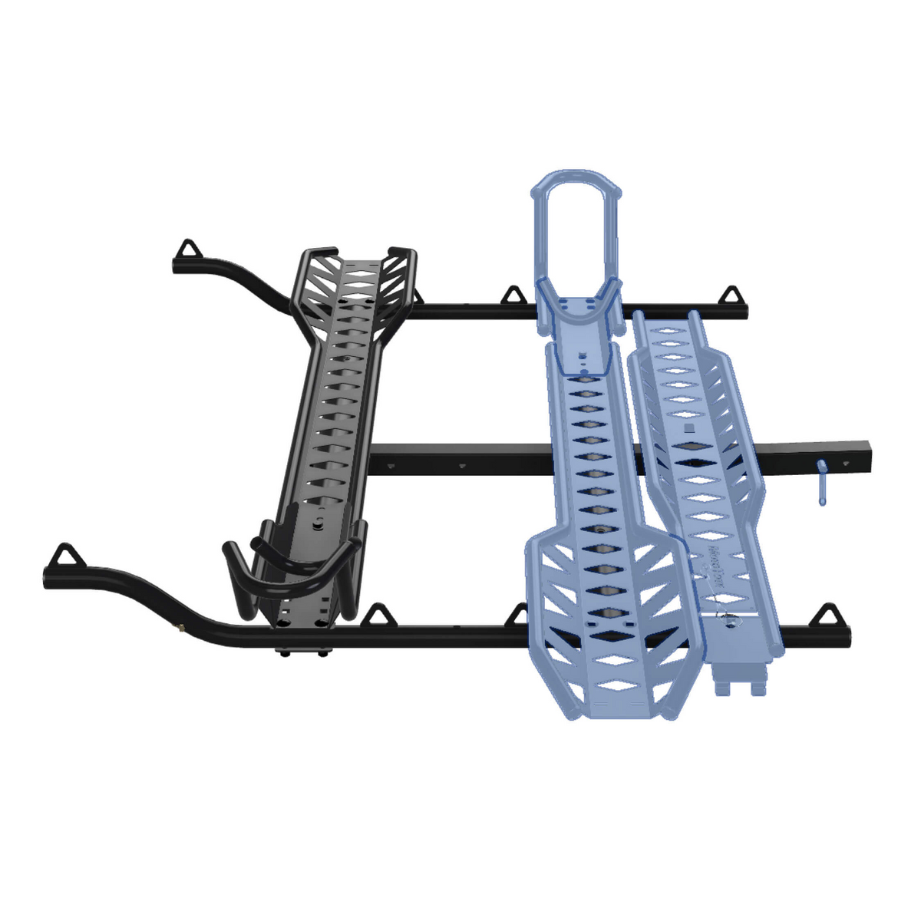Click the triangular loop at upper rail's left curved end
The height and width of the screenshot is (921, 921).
[187, 249]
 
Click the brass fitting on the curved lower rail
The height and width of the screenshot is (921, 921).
[179, 627]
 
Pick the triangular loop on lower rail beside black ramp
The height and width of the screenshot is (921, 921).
[377, 615]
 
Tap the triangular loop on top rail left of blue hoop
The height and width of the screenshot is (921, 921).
[513, 294]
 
